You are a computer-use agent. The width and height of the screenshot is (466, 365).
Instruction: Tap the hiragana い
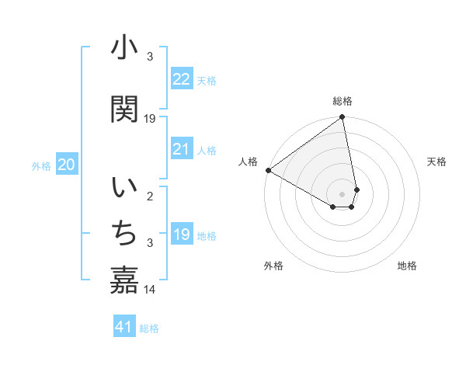[x=124, y=189]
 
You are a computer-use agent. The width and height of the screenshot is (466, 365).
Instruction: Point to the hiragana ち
[x=124, y=232]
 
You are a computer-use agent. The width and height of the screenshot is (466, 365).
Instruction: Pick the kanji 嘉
[x=124, y=279]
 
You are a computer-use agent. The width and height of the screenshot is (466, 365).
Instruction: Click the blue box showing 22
[x=182, y=79]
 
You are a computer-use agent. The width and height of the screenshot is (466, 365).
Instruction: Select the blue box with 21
[x=182, y=149]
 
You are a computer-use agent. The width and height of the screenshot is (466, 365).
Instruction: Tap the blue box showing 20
[x=67, y=165]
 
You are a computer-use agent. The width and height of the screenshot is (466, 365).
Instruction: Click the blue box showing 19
[x=182, y=235]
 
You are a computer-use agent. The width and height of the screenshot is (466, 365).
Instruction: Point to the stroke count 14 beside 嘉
[x=151, y=289]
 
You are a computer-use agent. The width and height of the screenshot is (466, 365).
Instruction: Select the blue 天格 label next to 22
[x=207, y=80]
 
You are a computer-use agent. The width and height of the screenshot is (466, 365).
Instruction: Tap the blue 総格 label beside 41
[x=149, y=328]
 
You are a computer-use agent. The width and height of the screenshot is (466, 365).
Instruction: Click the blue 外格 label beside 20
[x=41, y=165]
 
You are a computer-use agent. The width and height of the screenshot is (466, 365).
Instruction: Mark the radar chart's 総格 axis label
[x=343, y=101]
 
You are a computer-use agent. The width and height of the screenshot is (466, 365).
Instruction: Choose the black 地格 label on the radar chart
[x=407, y=266]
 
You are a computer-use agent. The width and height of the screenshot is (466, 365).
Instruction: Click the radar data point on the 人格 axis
[x=268, y=170]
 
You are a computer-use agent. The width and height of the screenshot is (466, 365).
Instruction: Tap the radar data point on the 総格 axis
[x=342, y=118]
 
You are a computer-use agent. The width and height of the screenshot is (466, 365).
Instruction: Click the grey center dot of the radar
[x=343, y=193]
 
